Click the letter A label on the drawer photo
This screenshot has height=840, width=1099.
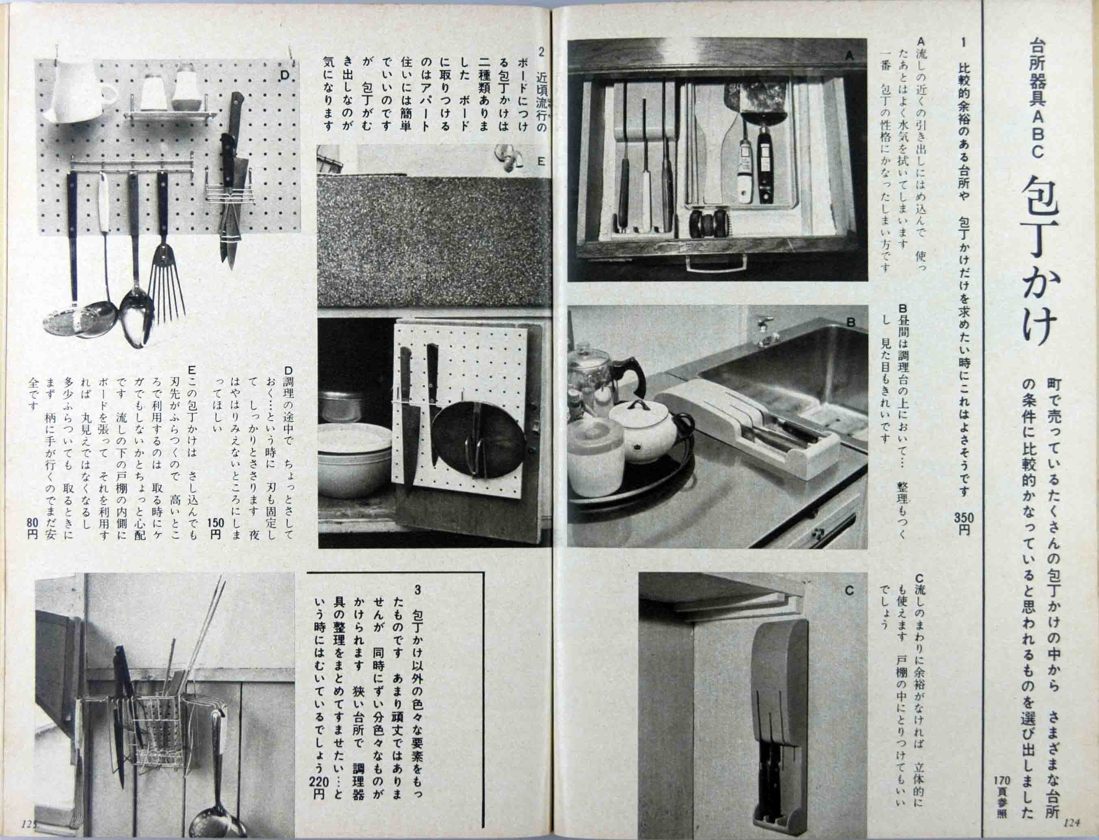tap(848, 57)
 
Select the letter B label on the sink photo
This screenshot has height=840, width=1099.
tap(850, 323)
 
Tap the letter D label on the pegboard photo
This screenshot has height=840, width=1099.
tap(284, 76)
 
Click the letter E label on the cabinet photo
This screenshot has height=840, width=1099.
tap(541, 162)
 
